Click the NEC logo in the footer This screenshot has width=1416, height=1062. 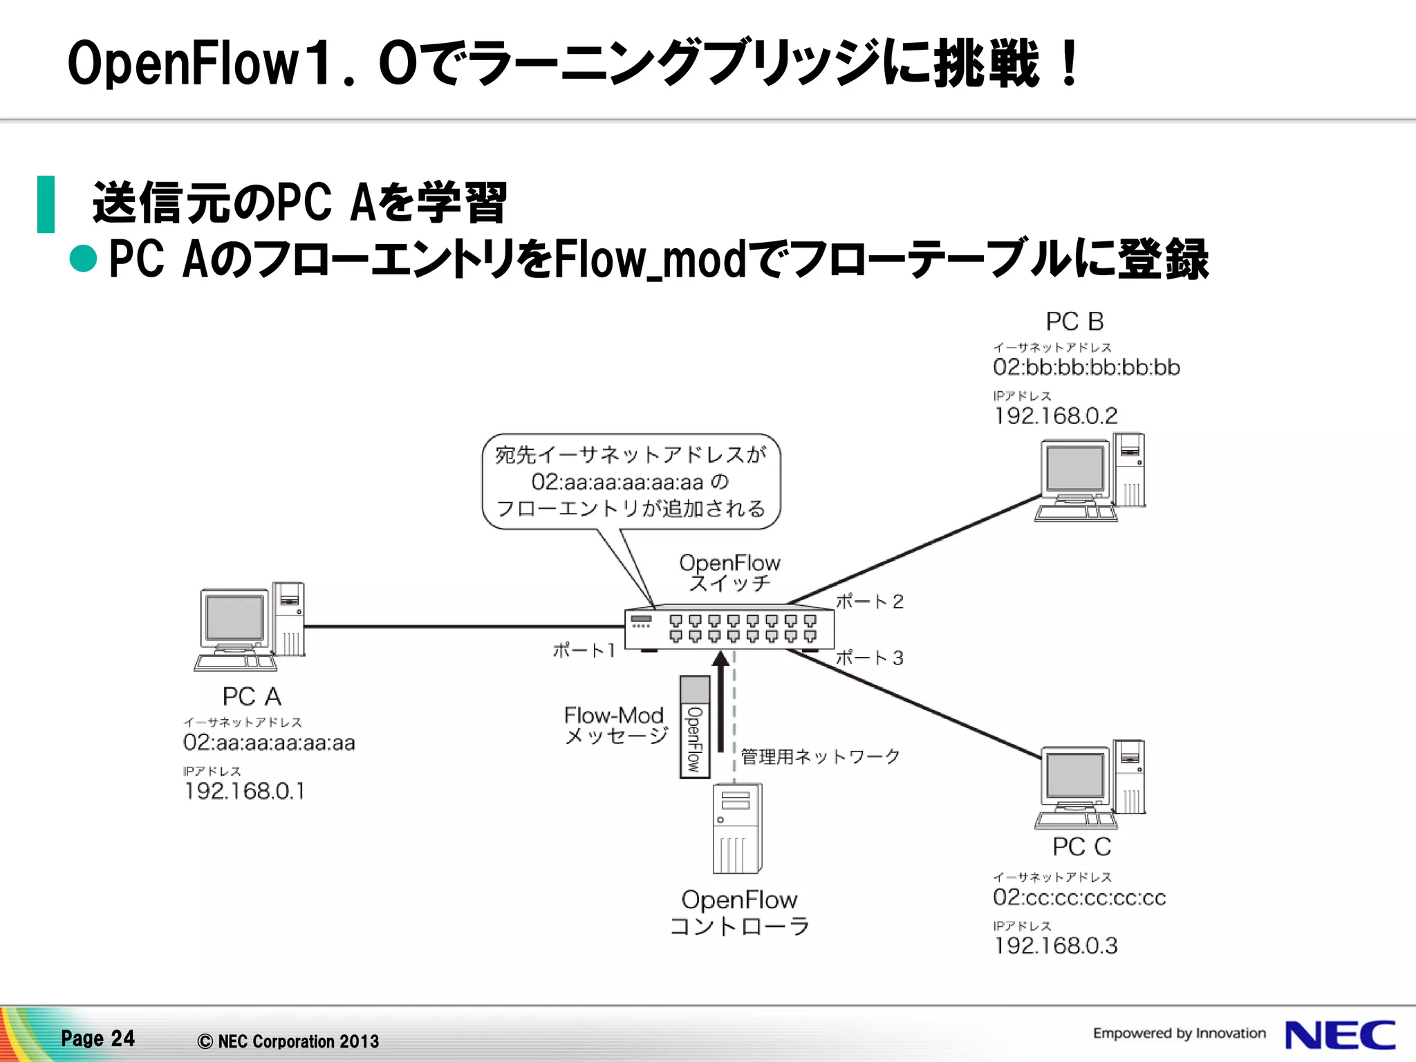pyautogui.click(x=1340, y=1036)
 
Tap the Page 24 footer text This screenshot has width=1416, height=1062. pyautogui.click(x=97, y=1038)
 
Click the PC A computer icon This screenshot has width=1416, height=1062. pyautogui.click(x=250, y=626)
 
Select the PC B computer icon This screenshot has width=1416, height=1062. pyautogui.click(x=1090, y=477)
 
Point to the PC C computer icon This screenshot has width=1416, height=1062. pyautogui.click(x=1090, y=784)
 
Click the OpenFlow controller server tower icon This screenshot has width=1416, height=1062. pyautogui.click(x=737, y=828)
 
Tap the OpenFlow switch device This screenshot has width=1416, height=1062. pyautogui.click(x=729, y=628)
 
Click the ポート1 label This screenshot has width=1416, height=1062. pyautogui.click(x=584, y=650)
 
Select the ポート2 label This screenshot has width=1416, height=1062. pyautogui.click(x=869, y=602)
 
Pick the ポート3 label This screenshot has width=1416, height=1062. pyautogui.click(x=869, y=658)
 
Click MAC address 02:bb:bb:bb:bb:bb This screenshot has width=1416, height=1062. pyautogui.click(x=1086, y=367)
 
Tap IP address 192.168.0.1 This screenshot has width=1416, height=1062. pyautogui.click(x=244, y=791)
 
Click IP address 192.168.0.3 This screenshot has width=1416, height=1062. pyautogui.click(x=1055, y=945)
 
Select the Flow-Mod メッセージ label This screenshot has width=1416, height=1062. pyautogui.click(x=615, y=725)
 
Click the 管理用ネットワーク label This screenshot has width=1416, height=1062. pyautogui.click(x=820, y=756)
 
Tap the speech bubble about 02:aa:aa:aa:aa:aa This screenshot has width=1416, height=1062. pyautogui.click(x=631, y=482)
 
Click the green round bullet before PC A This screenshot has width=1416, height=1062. pyautogui.click(x=84, y=259)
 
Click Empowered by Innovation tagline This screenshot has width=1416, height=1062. pyautogui.click(x=1179, y=1033)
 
